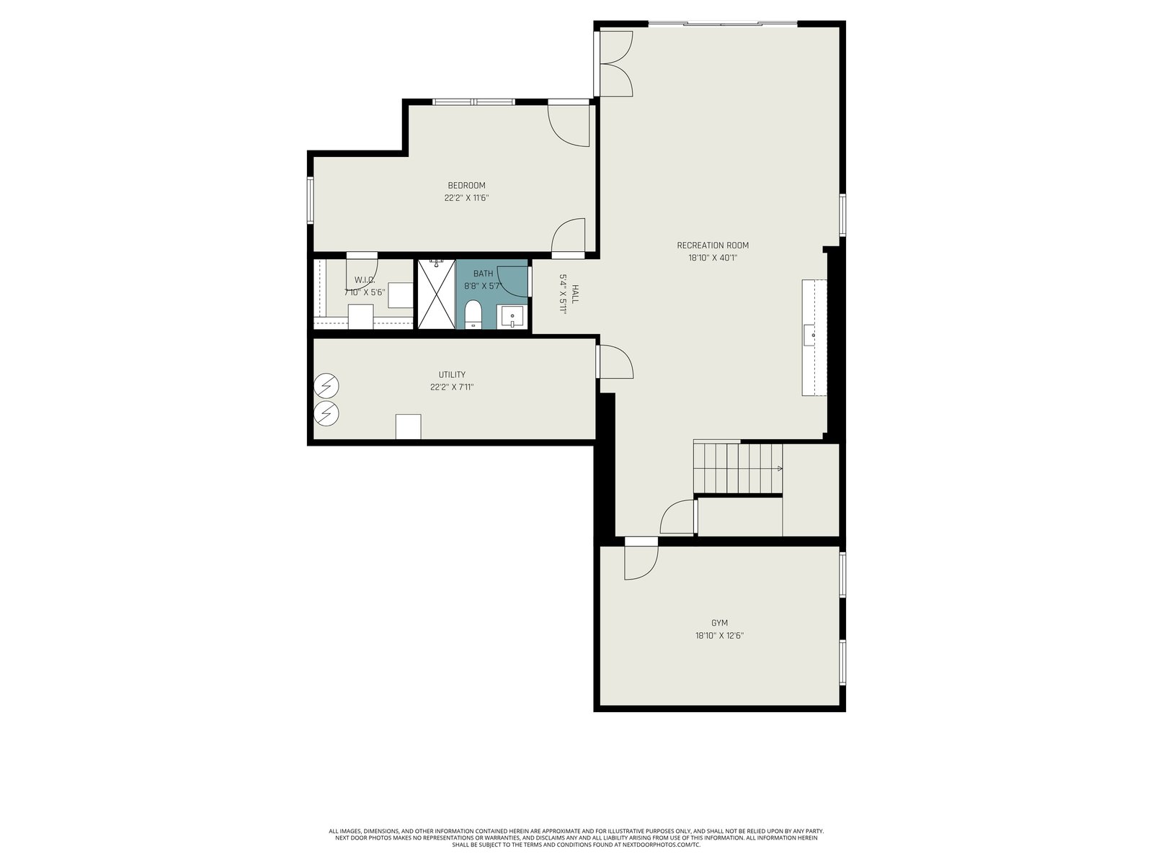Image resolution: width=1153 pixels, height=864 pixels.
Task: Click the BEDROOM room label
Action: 466,185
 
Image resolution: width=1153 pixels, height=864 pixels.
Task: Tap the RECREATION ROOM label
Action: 712,245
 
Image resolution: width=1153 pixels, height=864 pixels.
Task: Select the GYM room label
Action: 719,623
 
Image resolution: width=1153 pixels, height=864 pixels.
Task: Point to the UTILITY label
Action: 452,374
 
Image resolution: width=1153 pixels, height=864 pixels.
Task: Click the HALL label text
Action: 574,294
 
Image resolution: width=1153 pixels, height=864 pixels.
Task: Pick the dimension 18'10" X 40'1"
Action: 712,258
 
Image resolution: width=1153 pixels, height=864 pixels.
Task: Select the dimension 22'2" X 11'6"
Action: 466,198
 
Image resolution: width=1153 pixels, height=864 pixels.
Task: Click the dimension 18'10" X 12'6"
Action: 719,635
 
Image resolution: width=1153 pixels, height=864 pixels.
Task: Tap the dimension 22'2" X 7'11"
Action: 452,387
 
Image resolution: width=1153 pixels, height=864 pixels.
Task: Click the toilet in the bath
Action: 473,314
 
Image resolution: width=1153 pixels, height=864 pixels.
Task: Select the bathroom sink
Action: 512,317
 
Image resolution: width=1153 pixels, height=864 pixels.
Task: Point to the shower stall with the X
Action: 437,294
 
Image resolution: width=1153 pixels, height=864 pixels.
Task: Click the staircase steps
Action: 738,469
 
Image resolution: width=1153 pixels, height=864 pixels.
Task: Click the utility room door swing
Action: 616,361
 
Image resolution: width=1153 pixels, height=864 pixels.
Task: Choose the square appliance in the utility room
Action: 408,426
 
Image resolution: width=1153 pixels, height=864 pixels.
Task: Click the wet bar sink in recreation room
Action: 810,335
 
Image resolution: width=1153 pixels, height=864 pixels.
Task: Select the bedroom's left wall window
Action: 311,200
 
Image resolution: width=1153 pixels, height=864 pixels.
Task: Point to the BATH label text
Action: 484,274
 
